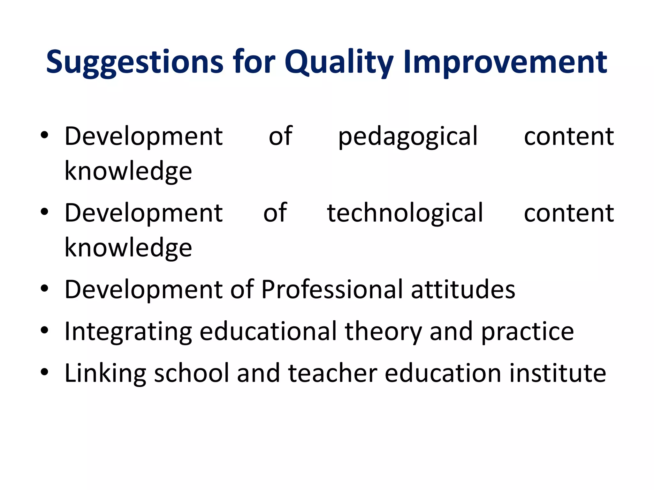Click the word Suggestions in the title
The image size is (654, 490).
pos(134,62)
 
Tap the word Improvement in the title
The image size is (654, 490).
pos(505,62)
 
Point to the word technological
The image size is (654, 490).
pos(405,213)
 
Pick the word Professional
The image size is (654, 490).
pos(332,289)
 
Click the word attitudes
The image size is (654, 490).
pos(463,289)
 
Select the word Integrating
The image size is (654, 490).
pos(128,332)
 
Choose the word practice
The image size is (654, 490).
pos(527,332)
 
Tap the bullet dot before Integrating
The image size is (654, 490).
pos(44,330)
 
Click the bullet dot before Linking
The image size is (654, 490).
pos(44,372)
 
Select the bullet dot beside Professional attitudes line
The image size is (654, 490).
pos(44,288)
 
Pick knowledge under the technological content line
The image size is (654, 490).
pos(128,248)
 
